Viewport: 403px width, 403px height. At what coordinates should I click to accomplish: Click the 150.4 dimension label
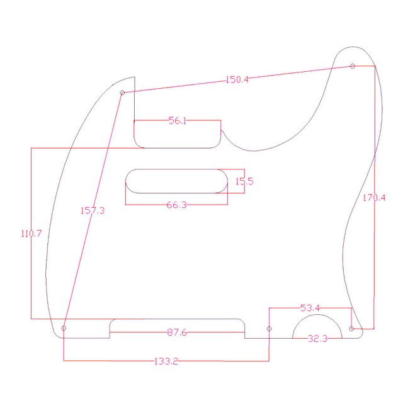(237, 80)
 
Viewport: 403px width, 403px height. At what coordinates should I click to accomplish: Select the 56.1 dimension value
(177, 121)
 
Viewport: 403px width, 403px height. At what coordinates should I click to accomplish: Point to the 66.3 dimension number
(176, 205)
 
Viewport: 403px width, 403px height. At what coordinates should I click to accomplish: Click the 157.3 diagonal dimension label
(93, 210)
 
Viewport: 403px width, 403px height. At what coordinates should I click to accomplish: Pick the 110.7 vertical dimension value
(31, 234)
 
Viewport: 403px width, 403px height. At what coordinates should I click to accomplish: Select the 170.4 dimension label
(374, 198)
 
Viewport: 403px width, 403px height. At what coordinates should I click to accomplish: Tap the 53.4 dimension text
(310, 308)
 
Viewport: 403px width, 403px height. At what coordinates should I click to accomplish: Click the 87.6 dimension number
(177, 332)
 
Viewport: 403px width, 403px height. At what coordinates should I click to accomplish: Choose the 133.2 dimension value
(166, 361)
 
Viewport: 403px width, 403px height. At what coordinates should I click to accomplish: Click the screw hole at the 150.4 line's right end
(352, 66)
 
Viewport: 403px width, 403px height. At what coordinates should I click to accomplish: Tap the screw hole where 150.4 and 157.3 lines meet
(123, 93)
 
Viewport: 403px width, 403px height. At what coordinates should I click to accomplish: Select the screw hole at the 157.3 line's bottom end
(64, 329)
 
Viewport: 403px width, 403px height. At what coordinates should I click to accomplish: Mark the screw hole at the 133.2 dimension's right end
(270, 329)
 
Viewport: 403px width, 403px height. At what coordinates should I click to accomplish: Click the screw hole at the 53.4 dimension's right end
(351, 329)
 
